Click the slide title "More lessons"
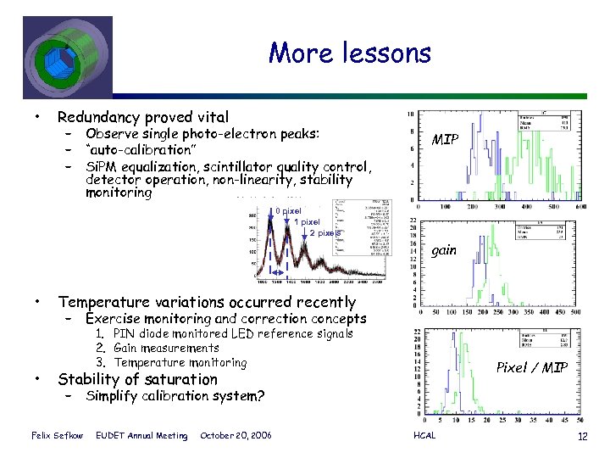(x=350, y=53)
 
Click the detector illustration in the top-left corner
(x=65, y=52)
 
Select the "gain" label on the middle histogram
(x=445, y=250)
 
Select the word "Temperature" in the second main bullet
(x=109, y=302)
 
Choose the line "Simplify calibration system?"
(x=175, y=396)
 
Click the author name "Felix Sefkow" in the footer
(x=57, y=436)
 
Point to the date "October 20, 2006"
(x=236, y=436)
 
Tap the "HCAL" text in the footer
(x=424, y=436)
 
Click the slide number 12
(x=581, y=436)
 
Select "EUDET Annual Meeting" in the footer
(x=143, y=436)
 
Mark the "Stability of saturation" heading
(x=137, y=379)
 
